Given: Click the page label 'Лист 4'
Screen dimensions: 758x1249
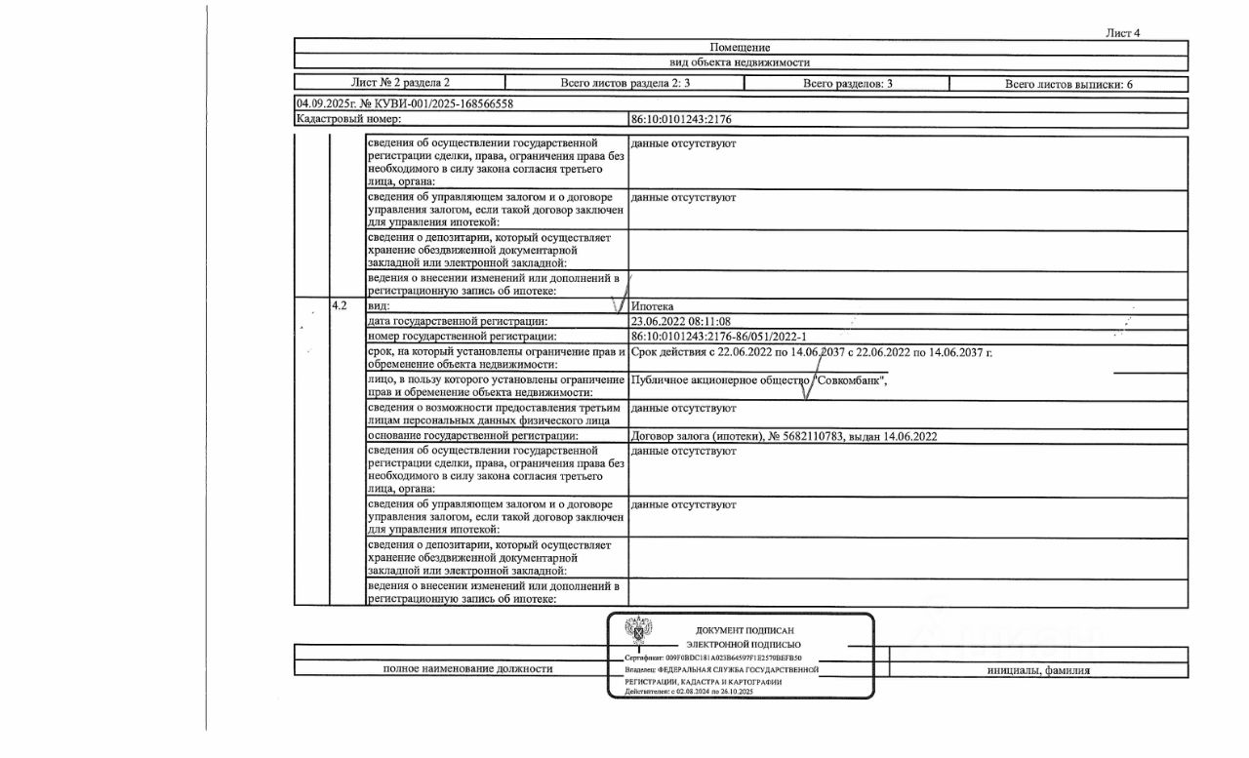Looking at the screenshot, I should [x=1122, y=32].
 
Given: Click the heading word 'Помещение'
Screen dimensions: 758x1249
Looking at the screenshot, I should [x=740, y=47].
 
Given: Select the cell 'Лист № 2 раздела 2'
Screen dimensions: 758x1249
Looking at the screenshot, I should [x=400, y=84].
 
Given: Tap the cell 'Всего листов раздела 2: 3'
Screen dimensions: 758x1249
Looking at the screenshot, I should [x=625, y=84].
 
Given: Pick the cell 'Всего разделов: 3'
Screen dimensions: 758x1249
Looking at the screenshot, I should [x=848, y=84].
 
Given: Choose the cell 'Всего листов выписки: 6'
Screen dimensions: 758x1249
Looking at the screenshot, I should [x=1068, y=84].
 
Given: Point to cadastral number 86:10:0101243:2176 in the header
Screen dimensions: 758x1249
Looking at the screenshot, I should [x=681, y=119].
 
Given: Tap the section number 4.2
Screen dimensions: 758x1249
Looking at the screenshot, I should [x=341, y=306].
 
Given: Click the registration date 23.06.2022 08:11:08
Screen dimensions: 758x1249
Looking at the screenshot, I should [x=681, y=321].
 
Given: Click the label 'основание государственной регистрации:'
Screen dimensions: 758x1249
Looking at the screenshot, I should [x=473, y=437].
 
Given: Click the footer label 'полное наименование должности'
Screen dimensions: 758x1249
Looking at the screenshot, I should [x=467, y=669].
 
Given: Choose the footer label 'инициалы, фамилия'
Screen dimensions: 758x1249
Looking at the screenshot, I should [x=1038, y=670].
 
